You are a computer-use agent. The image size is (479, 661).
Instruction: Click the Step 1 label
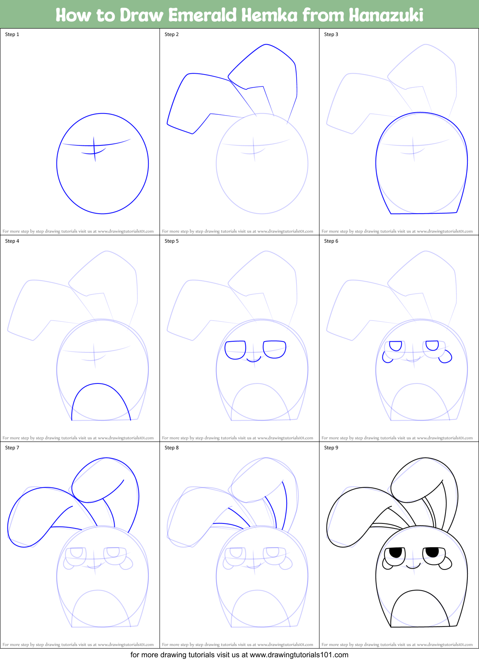[12, 34]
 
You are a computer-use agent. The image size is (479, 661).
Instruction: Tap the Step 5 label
[172, 241]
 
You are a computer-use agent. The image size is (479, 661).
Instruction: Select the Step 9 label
[331, 448]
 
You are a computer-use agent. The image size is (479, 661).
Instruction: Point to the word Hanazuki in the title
[386, 15]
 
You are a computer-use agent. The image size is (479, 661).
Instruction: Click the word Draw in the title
[142, 15]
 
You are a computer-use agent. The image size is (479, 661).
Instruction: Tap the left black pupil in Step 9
[396, 552]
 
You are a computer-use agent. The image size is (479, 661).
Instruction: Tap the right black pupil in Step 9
[432, 552]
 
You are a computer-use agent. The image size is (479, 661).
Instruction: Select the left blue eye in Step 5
[235, 350]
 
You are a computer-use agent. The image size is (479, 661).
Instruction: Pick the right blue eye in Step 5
[274, 349]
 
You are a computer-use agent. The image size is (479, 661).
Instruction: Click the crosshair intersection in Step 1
[94, 145]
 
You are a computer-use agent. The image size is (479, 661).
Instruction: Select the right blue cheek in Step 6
[446, 357]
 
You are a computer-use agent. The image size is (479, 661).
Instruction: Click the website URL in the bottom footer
[299, 655]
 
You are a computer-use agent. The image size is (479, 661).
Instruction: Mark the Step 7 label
[12, 448]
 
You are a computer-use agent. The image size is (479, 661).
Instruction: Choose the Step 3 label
[331, 34]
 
